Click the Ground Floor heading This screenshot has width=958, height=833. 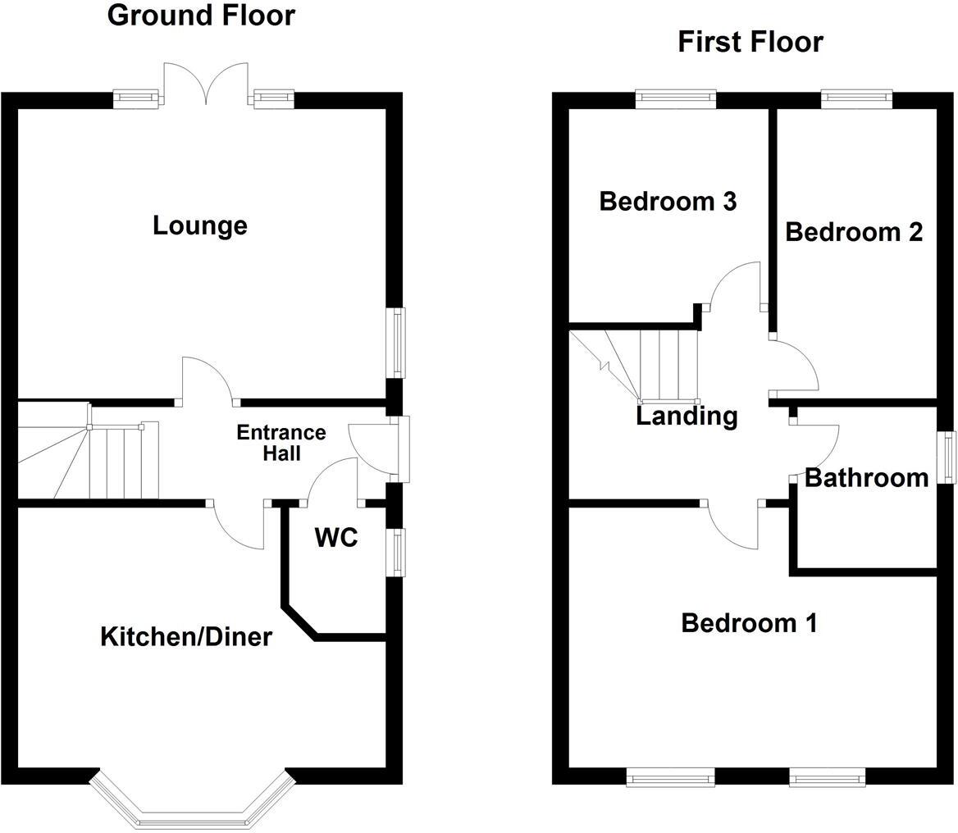201,15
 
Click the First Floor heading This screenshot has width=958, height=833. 750,42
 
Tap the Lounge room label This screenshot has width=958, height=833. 200,225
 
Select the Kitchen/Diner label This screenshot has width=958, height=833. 185,636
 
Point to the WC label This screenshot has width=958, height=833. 336,538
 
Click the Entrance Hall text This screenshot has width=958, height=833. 281,443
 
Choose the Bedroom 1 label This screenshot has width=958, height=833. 749,623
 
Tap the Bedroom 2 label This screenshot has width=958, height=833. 853,232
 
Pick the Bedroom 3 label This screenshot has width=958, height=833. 668,201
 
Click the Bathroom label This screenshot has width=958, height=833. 866,477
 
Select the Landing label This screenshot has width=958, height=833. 687,416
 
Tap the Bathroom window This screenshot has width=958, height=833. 948,457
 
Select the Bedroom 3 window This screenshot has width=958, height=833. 676,98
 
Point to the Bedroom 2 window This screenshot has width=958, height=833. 855,98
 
